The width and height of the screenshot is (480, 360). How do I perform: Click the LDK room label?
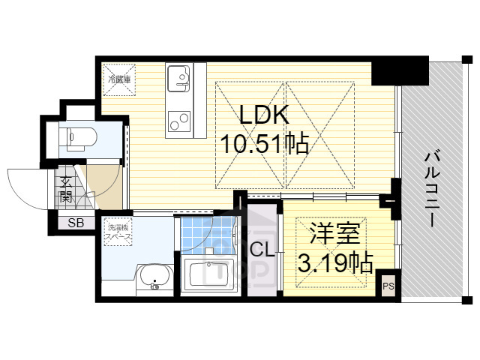click(x=263, y=116)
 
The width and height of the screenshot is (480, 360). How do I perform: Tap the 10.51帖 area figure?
click(x=263, y=142)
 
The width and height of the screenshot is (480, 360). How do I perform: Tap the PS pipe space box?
click(x=388, y=286)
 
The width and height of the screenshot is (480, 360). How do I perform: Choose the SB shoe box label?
click(x=76, y=222)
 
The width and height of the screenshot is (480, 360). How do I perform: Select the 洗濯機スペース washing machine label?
click(x=118, y=232)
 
